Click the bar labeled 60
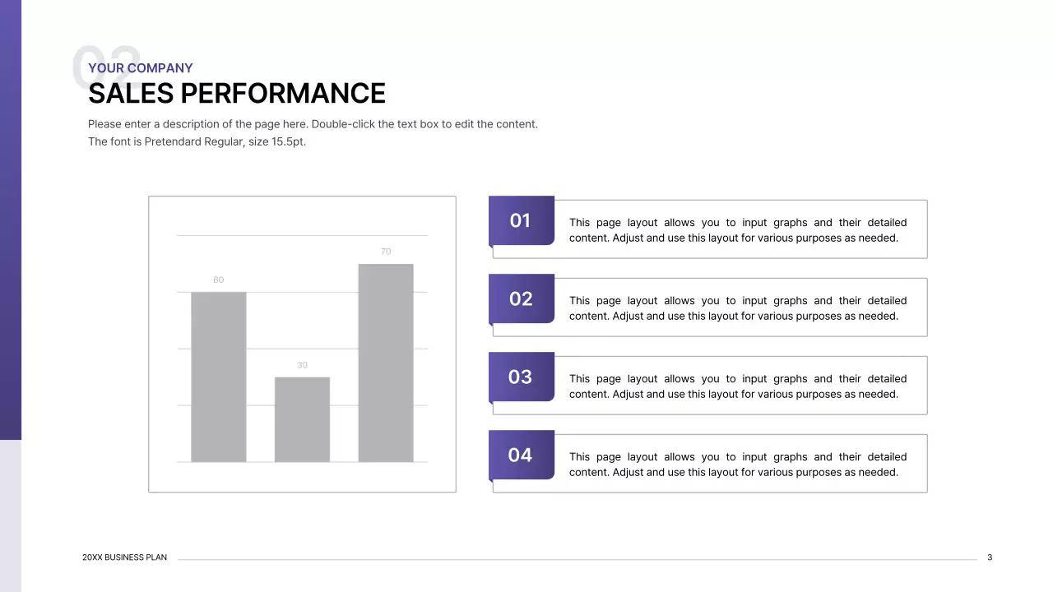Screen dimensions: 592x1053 [x=218, y=377]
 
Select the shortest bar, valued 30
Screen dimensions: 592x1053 [x=302, y=419]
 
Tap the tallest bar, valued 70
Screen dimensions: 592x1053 [x=386, y=363]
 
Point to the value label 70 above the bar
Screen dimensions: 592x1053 [x=386, y=252]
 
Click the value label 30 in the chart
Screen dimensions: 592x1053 [x=302, y=365]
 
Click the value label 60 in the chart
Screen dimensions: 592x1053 [x=218, y=280]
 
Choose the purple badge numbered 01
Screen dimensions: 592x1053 [x=521, y=220]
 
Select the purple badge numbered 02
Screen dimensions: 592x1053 [x=521, y=298]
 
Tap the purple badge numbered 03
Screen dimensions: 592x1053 [x=521, y=377]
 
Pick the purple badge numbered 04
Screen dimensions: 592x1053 [x=521, y=455]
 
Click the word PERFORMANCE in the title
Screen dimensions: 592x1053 [x=283, y=94]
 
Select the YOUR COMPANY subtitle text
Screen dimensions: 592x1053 [x=140, y=68]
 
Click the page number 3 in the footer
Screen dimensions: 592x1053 [x=990, y=557]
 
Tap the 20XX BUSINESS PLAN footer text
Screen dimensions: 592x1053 [x=124, y=557]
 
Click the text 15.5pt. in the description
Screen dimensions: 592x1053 [x=289, y=141]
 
